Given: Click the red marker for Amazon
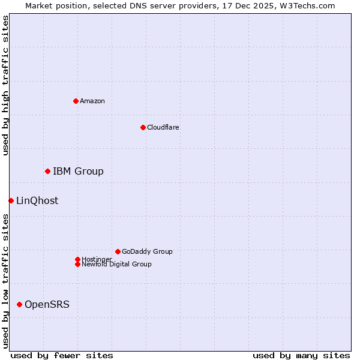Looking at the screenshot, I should pos(76,101).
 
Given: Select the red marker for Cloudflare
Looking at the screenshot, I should pos(143,127).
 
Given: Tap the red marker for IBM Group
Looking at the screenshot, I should pos(47,172).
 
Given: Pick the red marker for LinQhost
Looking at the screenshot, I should pos(11,200).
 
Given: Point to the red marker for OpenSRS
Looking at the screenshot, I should pos(19,305).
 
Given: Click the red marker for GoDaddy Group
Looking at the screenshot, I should pos(118,251).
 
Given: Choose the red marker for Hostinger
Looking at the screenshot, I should pos(77,259).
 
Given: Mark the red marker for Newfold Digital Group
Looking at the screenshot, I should pos(77,264).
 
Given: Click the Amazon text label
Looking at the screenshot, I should pos(92,101).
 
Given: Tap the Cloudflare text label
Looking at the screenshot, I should pos(163,127).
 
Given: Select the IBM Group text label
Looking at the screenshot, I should pos(78,172).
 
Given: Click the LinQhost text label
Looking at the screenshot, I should pos(37,201).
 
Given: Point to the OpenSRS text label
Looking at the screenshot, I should pos(47,305).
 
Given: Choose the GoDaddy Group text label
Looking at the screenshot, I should pos(147,251).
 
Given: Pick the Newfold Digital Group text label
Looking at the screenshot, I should pos(116,265).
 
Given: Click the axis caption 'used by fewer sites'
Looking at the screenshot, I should pos(62,355).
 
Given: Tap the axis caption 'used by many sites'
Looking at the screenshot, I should pos(301,355).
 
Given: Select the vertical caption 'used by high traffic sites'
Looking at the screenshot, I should pos(5,85).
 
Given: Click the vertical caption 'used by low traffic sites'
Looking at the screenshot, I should pos(5,281).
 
